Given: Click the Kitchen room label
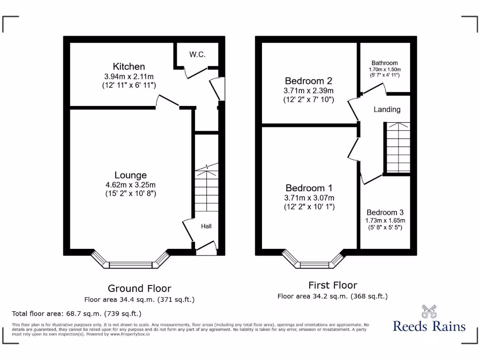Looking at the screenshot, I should click(129, 67).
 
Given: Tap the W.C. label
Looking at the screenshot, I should click(197, 55).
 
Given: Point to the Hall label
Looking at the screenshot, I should click(206, 226).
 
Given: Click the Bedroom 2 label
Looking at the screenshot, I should click(308, 81).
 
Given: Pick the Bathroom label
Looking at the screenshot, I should click(384, 63).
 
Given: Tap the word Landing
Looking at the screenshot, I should click(387, 110).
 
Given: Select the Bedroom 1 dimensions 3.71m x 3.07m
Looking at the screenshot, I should click(309, 198).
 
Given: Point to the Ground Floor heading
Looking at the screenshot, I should click(139, 289).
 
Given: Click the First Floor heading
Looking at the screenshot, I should click(332, 285).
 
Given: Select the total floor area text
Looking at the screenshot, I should click(76, 314).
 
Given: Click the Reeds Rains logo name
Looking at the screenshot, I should click(429, 326).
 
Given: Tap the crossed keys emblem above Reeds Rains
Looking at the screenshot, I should click(429, 311).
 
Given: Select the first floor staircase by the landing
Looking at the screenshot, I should click(397, 148).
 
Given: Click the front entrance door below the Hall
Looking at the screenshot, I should click(206, 249).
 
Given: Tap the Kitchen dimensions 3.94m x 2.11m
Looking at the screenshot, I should click(129, 76).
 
